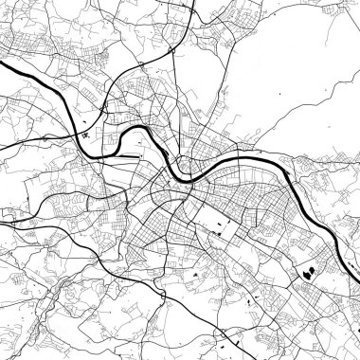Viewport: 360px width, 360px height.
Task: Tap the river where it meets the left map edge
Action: [x=3, y=67]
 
